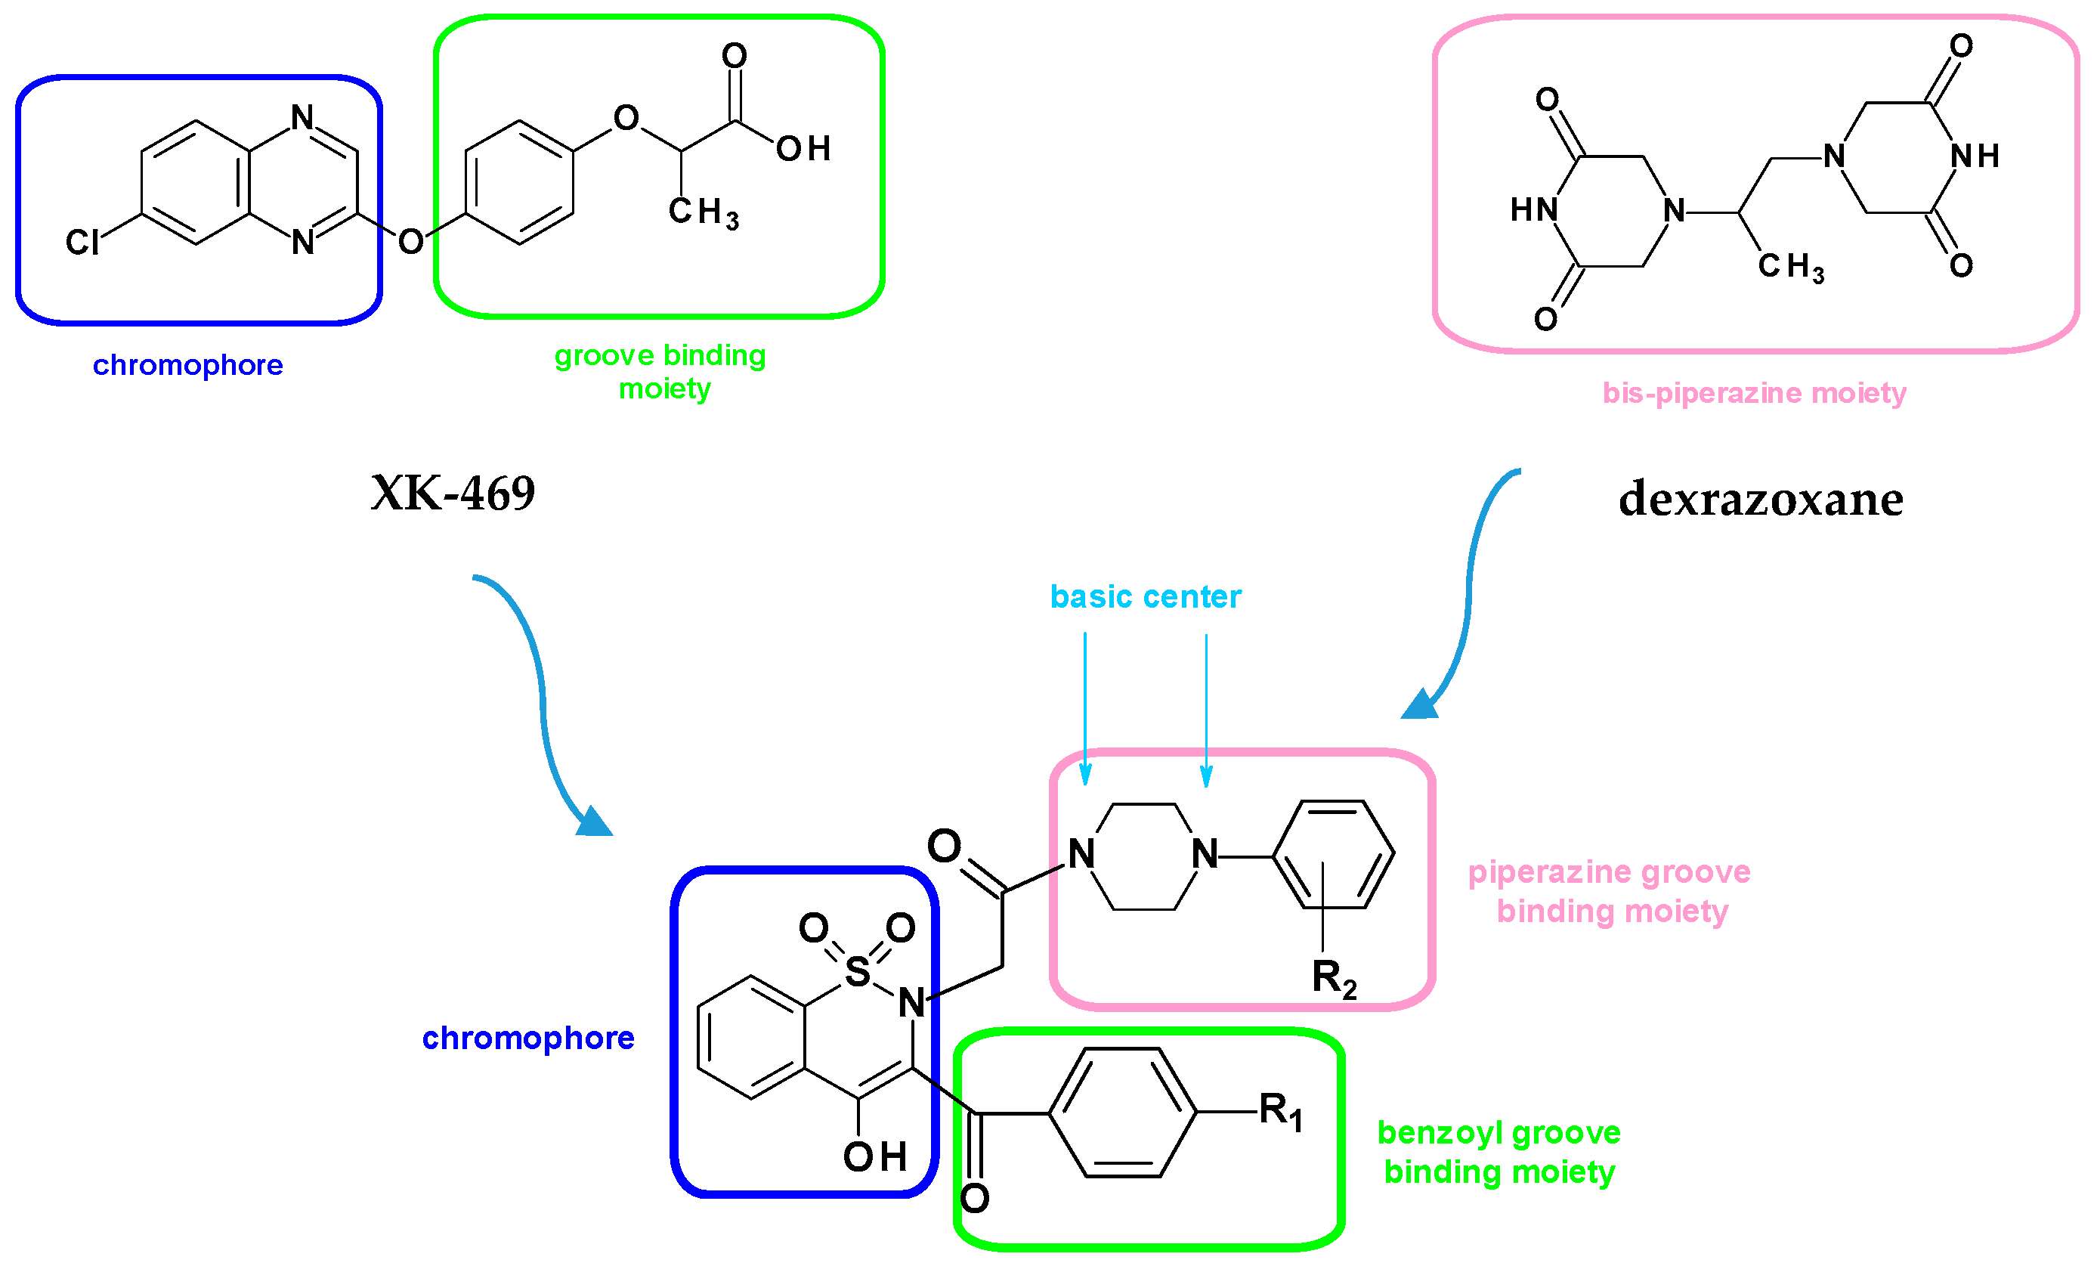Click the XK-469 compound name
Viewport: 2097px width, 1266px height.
[453, 493]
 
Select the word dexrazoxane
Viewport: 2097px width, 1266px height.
[1760, 499]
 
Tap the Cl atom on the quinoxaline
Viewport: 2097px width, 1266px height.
[82, 243]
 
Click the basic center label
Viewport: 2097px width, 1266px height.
[1145, 597]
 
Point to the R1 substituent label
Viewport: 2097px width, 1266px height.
[1280, 1111]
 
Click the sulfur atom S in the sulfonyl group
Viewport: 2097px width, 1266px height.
[857, 972]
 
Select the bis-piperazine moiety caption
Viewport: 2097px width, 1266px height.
[1753, 393]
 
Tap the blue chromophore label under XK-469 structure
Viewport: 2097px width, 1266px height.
[187, 365]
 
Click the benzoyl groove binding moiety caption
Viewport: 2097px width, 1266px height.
[1499, 1152]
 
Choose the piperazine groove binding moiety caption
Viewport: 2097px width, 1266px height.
[1610, 891]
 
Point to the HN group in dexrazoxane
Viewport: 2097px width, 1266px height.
[1533, 209]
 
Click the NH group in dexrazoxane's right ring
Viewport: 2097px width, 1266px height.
[1975, 156]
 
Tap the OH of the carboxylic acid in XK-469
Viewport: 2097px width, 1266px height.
[803, 149]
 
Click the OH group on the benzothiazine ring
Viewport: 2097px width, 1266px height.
[874, 1156]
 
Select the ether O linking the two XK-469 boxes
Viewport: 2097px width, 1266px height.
[410, 242]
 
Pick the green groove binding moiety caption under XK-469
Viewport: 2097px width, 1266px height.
[660, 372]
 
